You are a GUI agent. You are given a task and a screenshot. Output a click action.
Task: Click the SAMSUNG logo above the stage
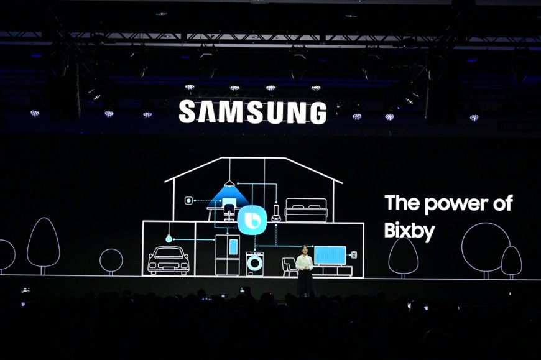(x=252, y=112)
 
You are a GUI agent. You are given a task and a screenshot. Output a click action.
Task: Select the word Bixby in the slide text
(x=409, y=231)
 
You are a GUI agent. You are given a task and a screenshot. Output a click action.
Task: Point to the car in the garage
(x=169, y=261)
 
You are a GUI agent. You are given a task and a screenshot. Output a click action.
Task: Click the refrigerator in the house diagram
(x=227, y=254)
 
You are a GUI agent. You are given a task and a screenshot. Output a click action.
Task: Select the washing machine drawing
(x=254, y=264)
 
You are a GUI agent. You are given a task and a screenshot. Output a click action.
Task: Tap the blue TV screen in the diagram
(x=330, y=255)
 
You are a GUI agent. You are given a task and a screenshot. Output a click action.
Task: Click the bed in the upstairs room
(x=306, y=210)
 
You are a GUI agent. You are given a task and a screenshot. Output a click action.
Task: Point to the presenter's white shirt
(x=304, y=263)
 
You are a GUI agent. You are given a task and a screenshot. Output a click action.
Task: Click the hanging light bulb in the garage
(x=169, y=238)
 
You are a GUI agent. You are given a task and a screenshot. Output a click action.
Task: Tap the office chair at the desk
(x=228, y=212)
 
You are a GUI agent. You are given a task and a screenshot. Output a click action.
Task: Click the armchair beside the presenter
(x=289, y=267)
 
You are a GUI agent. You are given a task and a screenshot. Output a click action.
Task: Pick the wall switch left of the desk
(x=188, y=200)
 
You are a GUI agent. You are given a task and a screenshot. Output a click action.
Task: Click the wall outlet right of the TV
(x=354, y=255)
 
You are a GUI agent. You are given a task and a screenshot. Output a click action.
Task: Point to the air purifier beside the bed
(x=276, y=213)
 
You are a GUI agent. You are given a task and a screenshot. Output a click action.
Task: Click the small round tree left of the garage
(x=111, y=261)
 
